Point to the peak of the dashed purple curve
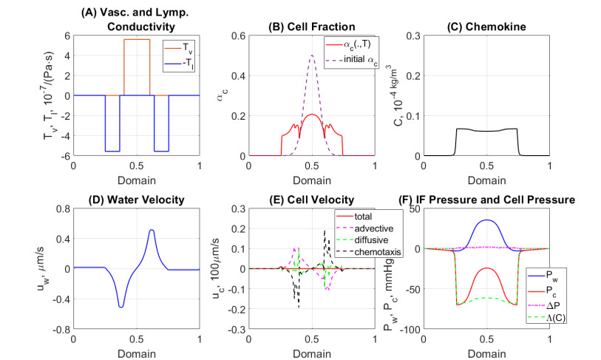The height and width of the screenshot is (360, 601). [x=312, y=55]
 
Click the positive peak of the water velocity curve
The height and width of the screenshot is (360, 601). [x=152, y=230]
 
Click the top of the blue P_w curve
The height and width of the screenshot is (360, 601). [x=486, y=220]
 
